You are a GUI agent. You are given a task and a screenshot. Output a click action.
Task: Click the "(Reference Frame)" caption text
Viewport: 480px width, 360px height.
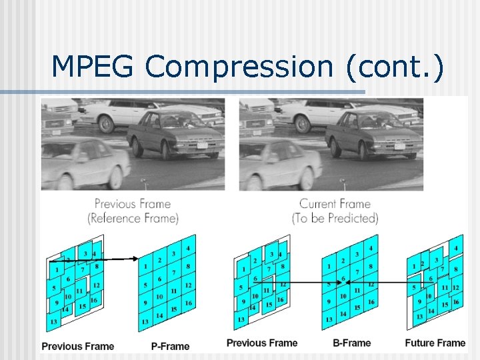coord(133,218)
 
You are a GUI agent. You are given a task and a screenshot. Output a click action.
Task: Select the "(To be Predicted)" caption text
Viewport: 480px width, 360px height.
coord(335,218)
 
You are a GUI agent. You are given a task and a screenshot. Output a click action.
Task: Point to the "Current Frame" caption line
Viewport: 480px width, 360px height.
coord(334,204)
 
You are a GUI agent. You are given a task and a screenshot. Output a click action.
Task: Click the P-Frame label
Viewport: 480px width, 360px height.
coord(171,346)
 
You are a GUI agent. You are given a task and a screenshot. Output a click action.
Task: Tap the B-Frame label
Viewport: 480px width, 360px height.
coord(351,343)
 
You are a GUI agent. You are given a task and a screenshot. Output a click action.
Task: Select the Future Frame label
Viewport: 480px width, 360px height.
coord(435,343)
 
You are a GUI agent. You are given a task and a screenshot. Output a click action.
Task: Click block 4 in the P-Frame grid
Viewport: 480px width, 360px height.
coord(188,249)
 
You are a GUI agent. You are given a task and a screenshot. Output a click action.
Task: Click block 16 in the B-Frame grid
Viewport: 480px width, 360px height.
coord(371,303)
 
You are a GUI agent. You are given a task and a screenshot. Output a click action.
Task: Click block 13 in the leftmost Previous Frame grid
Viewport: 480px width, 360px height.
coord(53,322)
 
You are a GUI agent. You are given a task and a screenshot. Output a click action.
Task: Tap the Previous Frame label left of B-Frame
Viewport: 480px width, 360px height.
coord(262,343)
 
